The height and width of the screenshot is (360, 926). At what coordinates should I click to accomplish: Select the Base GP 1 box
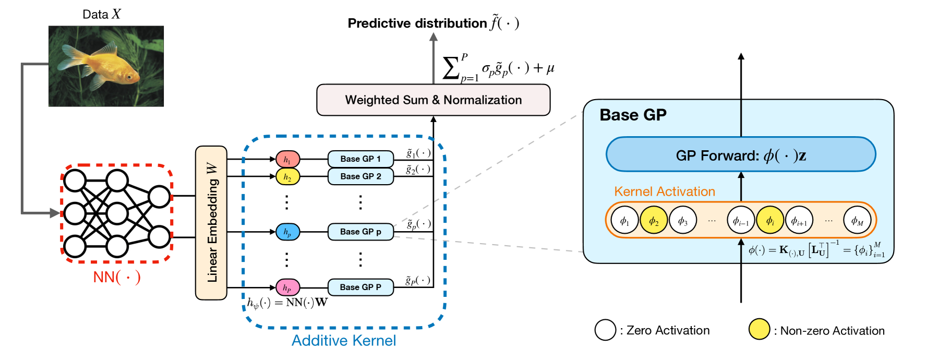tap(360, 159)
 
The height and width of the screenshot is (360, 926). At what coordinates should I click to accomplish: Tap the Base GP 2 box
tap(360, 176)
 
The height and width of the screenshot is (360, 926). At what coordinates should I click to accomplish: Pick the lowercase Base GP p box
tap(360, 232)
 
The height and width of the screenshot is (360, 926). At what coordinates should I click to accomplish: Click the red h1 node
tap(287, 159)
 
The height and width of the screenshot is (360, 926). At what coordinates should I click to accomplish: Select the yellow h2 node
tap(287, 177)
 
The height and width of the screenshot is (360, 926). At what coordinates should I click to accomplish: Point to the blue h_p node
tap(287, 232)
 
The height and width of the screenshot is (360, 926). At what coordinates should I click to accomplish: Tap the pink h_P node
tap(287, 287)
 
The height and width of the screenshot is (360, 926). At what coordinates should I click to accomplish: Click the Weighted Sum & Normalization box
tap(434, 100)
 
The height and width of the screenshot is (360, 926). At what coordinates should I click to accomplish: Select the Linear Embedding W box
tap(211, 223)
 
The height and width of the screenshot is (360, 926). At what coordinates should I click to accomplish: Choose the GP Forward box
tap(741, 154)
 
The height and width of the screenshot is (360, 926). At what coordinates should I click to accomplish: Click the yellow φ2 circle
tap(654, 220)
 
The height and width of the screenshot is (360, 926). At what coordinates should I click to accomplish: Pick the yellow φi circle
tap(770, 220)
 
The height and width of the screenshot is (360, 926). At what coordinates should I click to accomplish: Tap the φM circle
tap(857, 220)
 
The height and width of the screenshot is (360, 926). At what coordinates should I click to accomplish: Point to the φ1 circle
tap(624, 220)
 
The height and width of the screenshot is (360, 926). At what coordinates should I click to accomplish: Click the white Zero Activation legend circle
tap(605, 330)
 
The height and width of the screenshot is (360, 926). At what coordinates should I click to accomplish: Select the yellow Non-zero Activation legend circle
tap(759, 329)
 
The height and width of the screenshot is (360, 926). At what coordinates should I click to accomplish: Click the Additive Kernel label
tap(344, 341)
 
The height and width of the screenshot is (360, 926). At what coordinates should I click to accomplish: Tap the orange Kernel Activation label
tap(665, 191)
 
